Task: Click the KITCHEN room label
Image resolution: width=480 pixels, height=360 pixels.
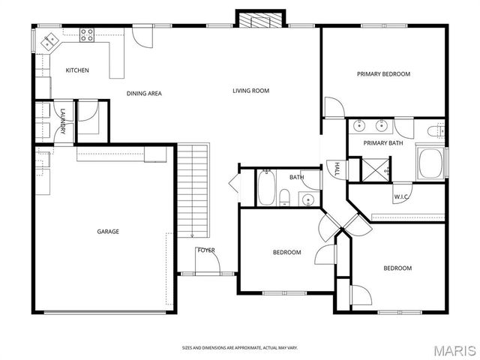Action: [77, 70]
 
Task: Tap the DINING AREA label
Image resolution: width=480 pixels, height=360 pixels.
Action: [143, 94]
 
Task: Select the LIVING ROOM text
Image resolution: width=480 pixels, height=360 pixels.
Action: [250, 91]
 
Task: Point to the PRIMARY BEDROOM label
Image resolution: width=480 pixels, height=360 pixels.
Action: [383, 73]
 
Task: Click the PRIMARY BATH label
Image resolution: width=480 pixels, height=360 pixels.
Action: [383, 142]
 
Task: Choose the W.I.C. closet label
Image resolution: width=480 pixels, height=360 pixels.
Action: [401, 197]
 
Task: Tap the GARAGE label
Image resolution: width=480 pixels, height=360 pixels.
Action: [108, 231]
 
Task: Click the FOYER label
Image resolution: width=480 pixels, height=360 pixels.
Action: [205, 250]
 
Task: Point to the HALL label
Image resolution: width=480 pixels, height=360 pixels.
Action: [337, 168]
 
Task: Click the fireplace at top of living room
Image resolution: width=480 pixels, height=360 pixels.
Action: [261, 19]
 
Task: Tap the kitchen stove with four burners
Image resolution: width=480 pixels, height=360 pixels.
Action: [87, 34]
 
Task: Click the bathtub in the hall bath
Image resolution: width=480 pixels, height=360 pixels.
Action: [266, 187]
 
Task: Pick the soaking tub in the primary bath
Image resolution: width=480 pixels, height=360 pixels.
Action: [431, 163]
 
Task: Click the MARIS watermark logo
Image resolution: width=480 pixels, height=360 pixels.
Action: [453, 349]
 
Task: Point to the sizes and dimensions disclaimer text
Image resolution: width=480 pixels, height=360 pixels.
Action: [240, 348]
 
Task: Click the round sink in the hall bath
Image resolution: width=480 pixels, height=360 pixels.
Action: [307, 199]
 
